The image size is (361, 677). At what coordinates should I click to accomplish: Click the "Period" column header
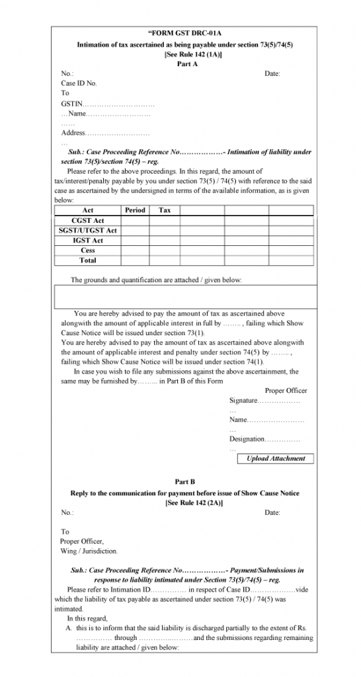[x=135, y=210]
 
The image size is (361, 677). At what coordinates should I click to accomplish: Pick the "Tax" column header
[x=165, y=210]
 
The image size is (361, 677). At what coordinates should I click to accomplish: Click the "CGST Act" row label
[x=87, y=220]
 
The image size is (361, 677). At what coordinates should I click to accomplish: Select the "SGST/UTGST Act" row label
[x=87, y=230]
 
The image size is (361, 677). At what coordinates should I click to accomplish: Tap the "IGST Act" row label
[x=87, y=241]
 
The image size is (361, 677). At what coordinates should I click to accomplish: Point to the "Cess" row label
[x=87, y=251]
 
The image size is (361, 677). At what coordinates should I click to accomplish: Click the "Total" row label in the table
[x=87, y=260]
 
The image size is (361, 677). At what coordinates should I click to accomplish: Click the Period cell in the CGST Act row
[x=135, y=220]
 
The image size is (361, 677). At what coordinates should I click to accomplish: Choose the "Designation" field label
[x=247, y=439]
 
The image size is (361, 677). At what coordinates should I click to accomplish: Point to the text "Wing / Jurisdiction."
[x=89, y=551]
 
